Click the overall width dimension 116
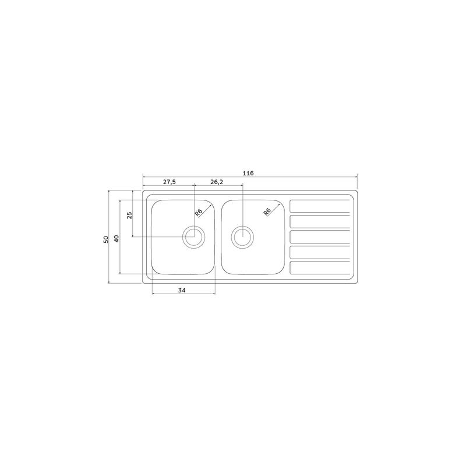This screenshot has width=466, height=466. [x=248, y=173]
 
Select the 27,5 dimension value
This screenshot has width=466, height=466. [x=170, y=182]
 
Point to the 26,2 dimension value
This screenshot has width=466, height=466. [x=217, y=182]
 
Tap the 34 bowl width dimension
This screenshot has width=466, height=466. [x=182, y=290]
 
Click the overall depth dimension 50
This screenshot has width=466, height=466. [x=106, y=239]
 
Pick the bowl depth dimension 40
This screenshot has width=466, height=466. [x=116, y=239]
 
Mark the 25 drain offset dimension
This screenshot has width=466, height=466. [x=129, y=215]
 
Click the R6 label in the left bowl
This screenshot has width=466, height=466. [x=199, y=212]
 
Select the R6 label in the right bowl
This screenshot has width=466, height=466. [x=267, y=211]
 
